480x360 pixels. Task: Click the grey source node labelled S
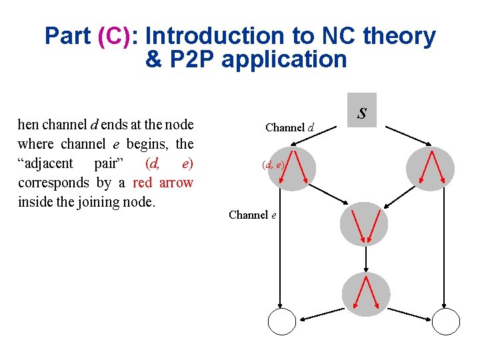(363, 110)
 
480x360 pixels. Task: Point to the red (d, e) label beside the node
(273, 164)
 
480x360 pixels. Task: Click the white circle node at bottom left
(281, 322)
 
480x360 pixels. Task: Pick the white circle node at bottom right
(447, 322)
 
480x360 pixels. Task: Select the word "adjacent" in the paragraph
(47, 163)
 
